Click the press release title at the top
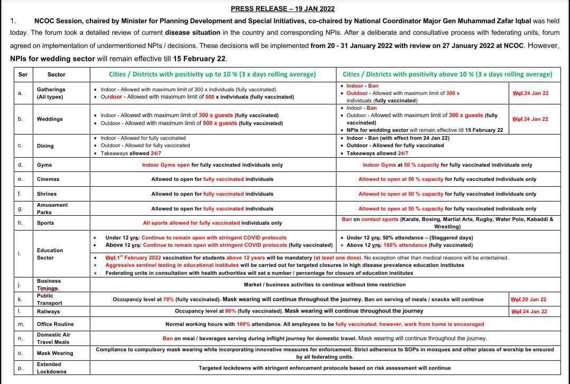point(283,8)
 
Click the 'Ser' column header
point(23,74)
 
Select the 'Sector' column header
point(57,74)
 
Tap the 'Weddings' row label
point(50,119)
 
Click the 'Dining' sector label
point(45,146)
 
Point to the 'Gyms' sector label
point(44,165)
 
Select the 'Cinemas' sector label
point(48,179)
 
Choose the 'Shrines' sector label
point(46,194)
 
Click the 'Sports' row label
point(45,223)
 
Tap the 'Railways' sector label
point(49,312)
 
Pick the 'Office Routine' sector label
point(55,324)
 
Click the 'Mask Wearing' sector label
point(55,353)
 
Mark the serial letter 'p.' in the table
point(20,368)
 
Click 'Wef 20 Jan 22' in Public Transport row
point(528,300)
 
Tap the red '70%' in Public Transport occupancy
point(169,300)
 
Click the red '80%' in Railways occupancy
point(230,311)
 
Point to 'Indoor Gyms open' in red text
point(166,165)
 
